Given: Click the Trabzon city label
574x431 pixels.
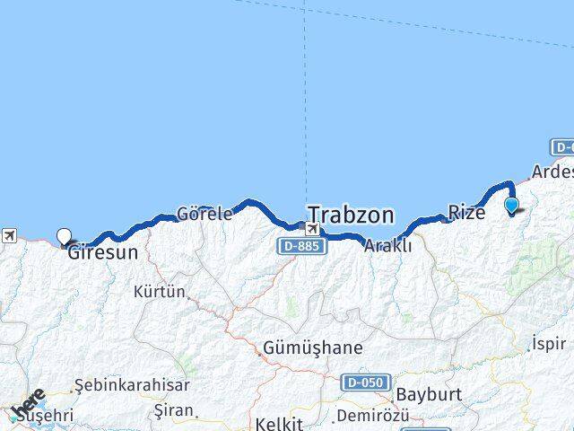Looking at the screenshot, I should click(351, 215).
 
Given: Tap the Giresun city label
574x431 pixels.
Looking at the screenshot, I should click(102, 252).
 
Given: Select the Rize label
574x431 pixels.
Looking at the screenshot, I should click(466, 213).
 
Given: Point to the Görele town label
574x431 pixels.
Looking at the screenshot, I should click(204, 214).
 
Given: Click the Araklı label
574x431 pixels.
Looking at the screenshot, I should click(388, 244).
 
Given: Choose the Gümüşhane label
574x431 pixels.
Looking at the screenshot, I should click(312, 347).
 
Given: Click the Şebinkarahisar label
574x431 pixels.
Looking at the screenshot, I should click(132, 385).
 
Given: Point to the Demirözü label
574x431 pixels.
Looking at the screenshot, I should click(371, 416).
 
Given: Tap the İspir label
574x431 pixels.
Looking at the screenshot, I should click(549, 343).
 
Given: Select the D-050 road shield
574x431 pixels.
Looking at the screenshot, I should click(365, 383).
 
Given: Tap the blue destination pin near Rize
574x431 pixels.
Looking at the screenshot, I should click(511, 206).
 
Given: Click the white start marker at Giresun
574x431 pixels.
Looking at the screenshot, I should click(65, 237).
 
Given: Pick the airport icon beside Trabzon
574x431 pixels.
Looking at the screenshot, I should click(311, 228).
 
